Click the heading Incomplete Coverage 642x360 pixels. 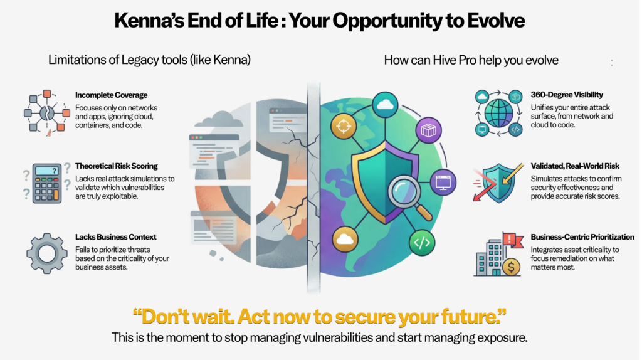(111, 95)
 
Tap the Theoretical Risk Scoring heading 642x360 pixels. (116, 166)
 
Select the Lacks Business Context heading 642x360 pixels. (115, 236)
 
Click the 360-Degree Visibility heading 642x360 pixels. (567, 95)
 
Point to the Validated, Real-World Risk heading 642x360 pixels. (575, 166)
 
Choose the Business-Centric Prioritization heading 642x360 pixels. (582, 236)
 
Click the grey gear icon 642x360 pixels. (46, 253)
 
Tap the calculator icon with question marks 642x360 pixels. (46, 183)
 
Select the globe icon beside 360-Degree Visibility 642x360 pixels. (498, 114)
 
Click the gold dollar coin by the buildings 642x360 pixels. (511, 267)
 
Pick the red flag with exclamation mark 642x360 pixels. (512, 240)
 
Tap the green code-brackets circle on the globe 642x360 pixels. (422, 243)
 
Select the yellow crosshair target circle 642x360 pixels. (343, 126)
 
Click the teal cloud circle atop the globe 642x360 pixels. (385, 105)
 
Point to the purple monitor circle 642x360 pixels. (443, 182)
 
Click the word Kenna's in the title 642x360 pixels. (149, 21)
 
